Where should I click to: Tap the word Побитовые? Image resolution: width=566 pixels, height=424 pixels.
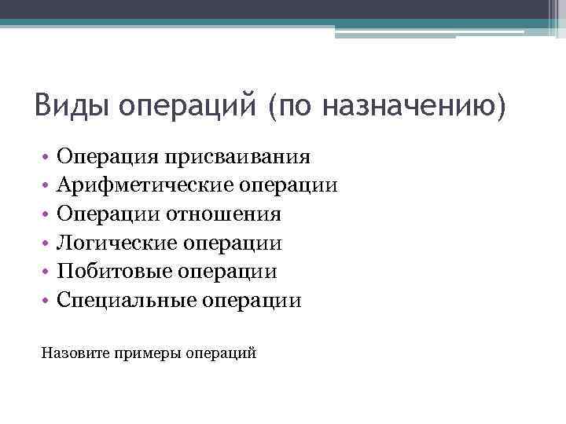point(114,271)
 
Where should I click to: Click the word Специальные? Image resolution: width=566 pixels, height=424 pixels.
point(127,300)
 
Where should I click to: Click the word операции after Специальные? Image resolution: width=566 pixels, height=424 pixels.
point(252,300)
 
